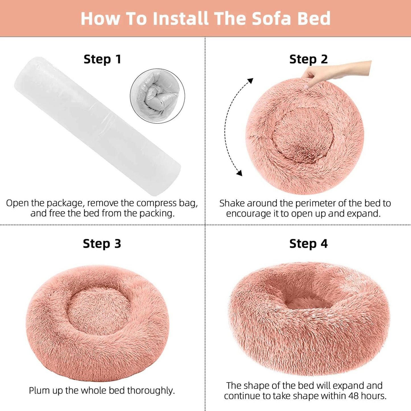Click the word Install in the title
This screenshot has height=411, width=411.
point(181,18)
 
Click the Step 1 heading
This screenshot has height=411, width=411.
point(102,59)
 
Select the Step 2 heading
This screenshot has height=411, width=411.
point(309,59)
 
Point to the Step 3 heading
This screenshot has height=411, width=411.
point(102,244)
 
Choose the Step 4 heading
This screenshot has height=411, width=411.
point(308,244)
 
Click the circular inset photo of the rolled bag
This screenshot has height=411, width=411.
point(157,96)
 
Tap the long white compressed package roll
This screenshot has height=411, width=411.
point(97,125)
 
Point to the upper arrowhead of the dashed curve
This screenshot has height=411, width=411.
point(250,81)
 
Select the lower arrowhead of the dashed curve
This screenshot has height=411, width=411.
point(239,173)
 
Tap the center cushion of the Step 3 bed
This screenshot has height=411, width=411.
point(98,311)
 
